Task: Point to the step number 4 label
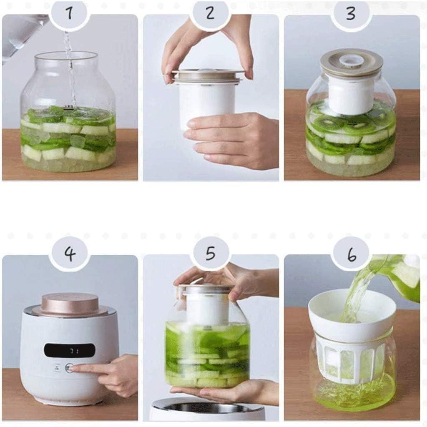click(69, 253)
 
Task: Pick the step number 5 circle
click(210, 253)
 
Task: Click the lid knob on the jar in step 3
click(351, 60)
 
